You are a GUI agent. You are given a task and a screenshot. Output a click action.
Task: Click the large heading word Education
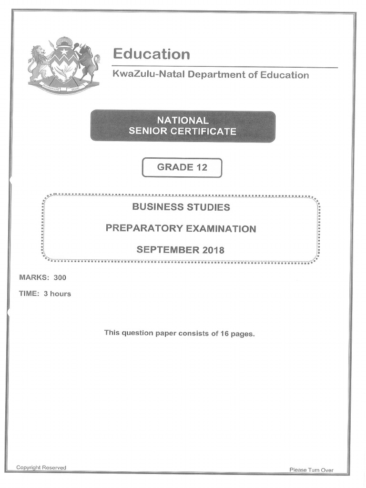point(151,54)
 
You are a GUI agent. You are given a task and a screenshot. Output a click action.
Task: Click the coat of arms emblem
point(64,65)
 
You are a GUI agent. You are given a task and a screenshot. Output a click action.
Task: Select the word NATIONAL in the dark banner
point(183,121)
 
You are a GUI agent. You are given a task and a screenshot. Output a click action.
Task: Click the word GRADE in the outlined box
point(175,167)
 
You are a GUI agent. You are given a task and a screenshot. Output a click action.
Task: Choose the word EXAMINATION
point(221,229)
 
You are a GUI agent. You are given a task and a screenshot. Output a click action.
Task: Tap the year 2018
point(213,250)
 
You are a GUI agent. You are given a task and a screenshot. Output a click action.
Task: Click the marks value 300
point(60,277)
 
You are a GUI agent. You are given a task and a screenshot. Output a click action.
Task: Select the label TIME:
point(29,294)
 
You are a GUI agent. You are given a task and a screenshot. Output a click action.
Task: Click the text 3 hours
point(57,294)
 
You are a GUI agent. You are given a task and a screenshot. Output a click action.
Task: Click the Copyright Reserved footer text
point(41,468)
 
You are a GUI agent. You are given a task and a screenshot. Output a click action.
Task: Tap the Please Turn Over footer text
point(312,470)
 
